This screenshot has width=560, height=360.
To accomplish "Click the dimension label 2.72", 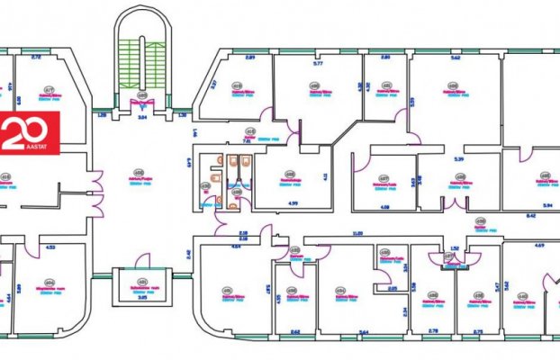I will pos(37,58).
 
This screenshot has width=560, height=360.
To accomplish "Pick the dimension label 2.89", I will pos(251,58).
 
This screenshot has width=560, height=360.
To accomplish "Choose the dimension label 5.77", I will pos(317,64).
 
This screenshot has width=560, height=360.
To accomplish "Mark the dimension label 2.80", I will pos(384,58).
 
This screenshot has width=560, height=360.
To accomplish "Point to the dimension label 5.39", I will pos(458,158).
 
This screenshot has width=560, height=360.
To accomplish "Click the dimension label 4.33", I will pos(50,247).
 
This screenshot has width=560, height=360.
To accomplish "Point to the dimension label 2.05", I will pos(393,288).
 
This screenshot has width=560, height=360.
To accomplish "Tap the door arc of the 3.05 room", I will pos(142,261).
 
